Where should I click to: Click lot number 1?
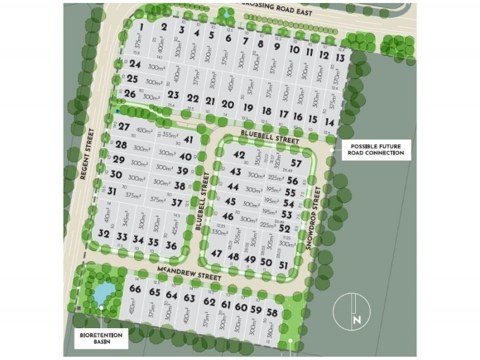(141, 27)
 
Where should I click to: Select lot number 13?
(340, 58)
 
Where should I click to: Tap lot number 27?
(124, 127)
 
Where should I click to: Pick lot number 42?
(239, 155)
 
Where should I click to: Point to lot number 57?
(296, 163)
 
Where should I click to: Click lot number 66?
(135, 289)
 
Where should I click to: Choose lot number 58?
(272, 313)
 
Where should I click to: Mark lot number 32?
(104, 234)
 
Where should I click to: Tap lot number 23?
(173, 95)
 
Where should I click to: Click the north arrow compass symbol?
(352, 313)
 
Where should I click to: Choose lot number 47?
(217, 254)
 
